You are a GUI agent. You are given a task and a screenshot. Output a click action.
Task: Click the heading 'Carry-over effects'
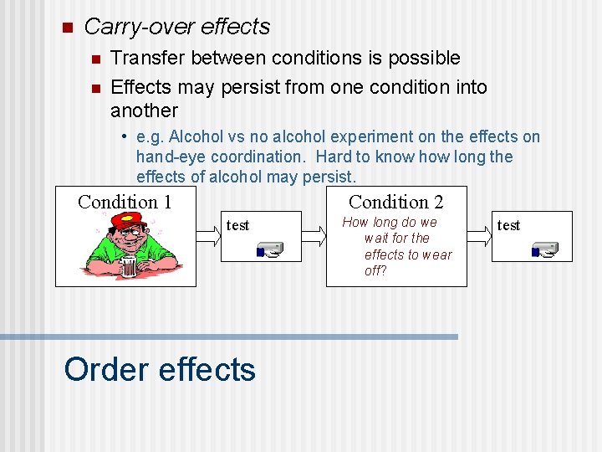177,27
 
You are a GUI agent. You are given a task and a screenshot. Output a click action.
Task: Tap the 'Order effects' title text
160,369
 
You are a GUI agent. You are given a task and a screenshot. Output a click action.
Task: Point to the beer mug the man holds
128,267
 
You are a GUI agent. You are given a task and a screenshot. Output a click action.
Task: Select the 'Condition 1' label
125,202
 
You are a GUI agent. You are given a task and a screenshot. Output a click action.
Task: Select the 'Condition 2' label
395,202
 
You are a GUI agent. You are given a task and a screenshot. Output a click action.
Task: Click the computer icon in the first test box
269,249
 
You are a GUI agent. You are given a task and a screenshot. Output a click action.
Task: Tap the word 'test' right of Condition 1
238,225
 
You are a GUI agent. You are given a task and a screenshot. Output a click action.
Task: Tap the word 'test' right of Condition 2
508,225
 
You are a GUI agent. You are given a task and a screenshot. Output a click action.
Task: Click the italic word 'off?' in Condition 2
375,271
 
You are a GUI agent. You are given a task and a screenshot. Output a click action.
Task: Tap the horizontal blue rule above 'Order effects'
229,336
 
